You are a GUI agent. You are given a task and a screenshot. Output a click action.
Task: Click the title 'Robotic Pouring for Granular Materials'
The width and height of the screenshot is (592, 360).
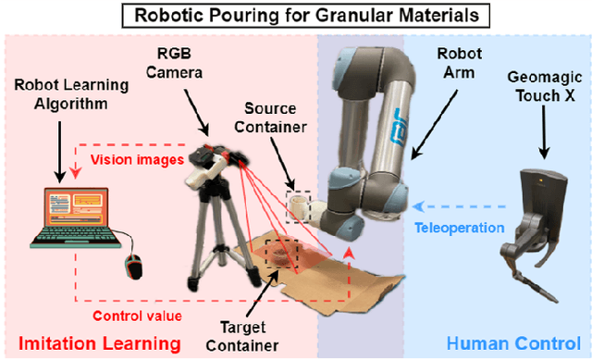click(x=295, y=16)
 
